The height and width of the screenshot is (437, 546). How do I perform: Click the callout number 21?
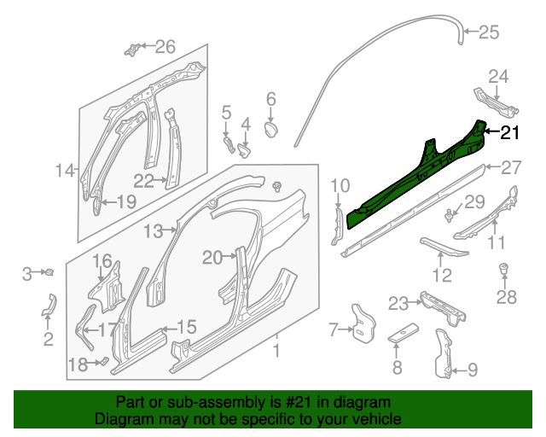coord(509,132)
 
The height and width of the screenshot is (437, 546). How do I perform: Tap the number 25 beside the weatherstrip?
coord(488,33)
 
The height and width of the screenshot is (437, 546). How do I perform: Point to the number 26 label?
coord(164,46)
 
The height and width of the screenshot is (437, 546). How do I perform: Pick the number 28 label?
coord(507,297)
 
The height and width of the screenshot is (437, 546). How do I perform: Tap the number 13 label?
coord(152,231)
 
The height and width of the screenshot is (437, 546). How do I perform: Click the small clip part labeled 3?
coord(49,273)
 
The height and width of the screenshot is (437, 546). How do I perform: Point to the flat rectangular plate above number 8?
coord(404,333)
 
